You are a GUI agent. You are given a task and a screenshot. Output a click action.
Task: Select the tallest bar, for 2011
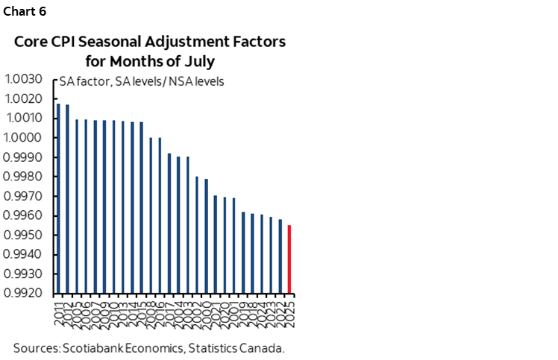(x=58, y=198)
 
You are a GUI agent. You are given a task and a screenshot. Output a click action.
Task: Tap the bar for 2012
(x=67, y=198)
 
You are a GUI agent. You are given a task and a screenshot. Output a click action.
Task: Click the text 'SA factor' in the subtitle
(x=84, y=81)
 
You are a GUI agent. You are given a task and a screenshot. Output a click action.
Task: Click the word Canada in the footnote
(x=264, y=347)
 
